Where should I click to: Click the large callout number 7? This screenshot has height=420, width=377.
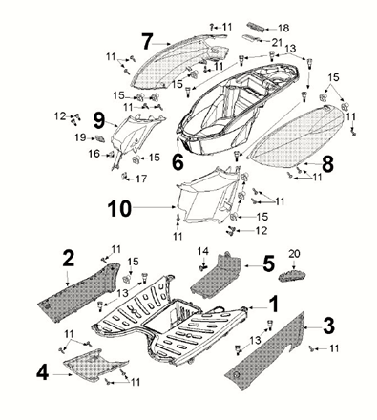[147, 42]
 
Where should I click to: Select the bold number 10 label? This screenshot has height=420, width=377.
[119, 208]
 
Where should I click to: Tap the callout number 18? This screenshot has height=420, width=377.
[283, 29]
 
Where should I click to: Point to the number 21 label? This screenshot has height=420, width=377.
[277, 42]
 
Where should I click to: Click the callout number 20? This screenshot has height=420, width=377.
[294, 254]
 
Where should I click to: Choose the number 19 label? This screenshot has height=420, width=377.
[80, 137]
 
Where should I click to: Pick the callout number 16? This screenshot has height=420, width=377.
[94, 154]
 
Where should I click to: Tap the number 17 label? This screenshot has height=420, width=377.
[141, 178]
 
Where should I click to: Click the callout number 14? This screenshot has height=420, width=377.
[203, 252]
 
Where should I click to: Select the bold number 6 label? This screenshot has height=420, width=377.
[178, 161]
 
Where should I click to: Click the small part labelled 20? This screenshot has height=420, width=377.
[292, 275]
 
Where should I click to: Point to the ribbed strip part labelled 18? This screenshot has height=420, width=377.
[256, 27]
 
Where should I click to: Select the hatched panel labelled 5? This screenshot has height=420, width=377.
[217, 276]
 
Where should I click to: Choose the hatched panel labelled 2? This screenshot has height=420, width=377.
[78, 291]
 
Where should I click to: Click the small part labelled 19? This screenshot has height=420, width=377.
[100, 138]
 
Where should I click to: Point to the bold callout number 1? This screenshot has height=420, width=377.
[274, 304]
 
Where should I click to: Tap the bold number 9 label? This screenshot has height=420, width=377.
[99, 121]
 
